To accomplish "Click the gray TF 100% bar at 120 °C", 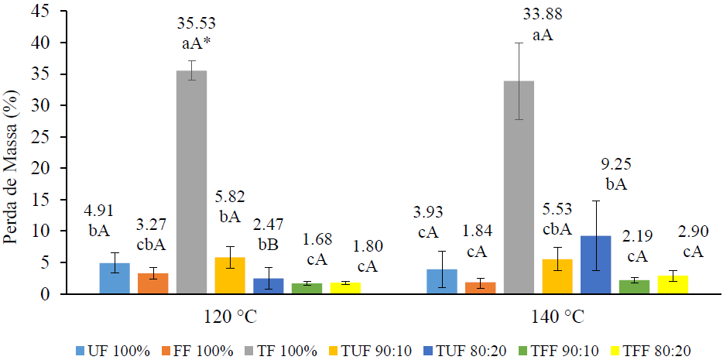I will pyautogui.click(x=191, y=182).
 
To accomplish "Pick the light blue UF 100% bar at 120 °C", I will pyautogui.click(x=115, y=278).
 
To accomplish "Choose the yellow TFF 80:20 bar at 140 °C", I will pyautogui.click(x=673, y=284).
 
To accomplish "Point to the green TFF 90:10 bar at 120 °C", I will pyautogui.click(x=306, y=288).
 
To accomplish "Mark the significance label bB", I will pyautogui.click(x=269, y=244).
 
